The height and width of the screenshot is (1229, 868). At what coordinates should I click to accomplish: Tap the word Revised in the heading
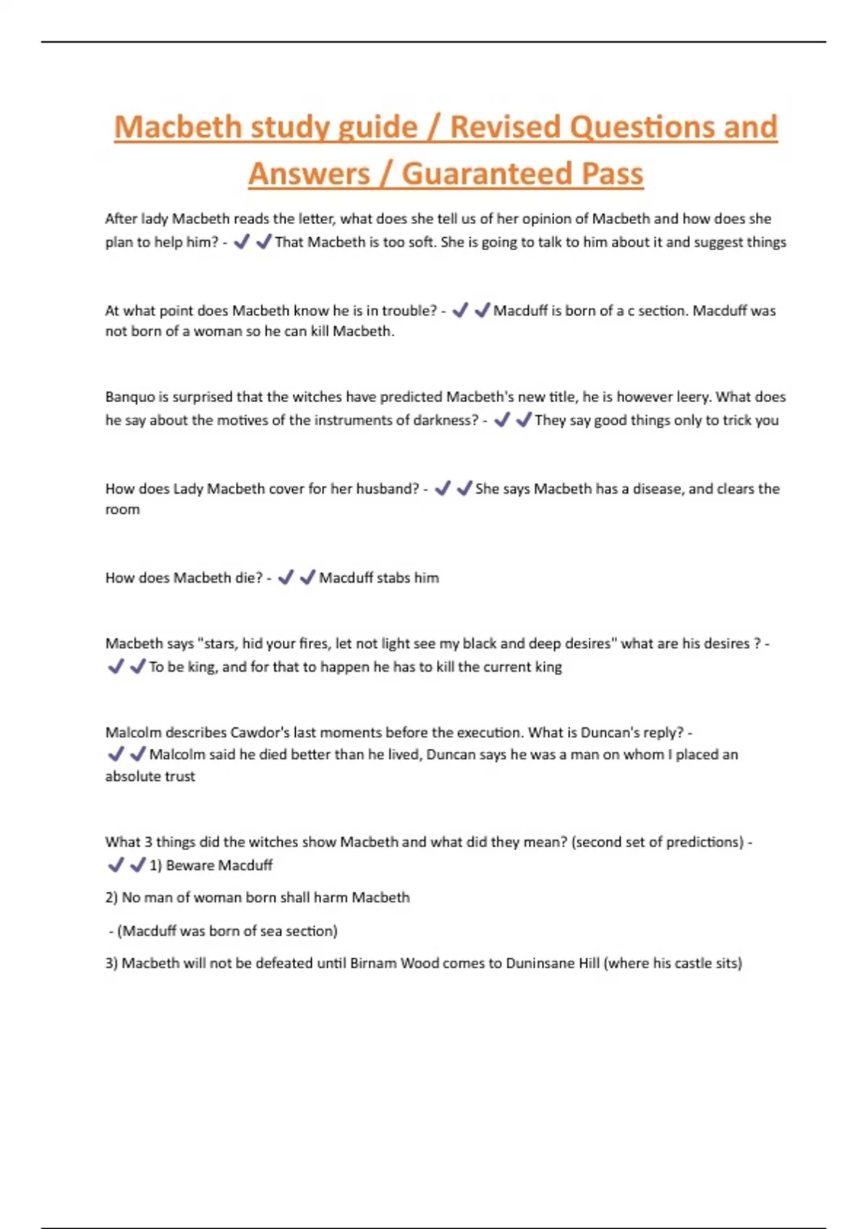(x=504, y=127)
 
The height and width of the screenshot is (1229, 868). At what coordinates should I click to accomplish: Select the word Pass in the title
(x=613, y=174)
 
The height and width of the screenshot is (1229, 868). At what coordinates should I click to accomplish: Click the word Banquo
(x=130, y=397)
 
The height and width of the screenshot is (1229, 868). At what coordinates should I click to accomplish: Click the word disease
(x=658, y=489)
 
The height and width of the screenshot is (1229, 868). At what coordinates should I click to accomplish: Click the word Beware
(x=190, y=865)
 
